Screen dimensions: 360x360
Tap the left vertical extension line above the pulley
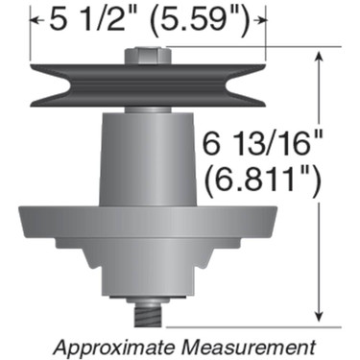pyautogui.click(x=31, y=38)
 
